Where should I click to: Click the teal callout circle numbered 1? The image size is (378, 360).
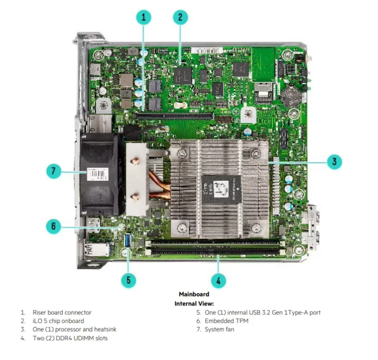click(144, 17)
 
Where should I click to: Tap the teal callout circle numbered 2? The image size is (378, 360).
click(180, 17)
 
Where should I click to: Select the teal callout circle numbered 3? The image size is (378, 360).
click(334, 162)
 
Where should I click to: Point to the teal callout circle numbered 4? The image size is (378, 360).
click(218, 280)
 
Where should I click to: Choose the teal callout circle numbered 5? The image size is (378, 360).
click(128, 280)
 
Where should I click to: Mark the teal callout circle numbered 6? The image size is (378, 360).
click(54, 226)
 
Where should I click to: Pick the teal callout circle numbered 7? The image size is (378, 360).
click(54, 171)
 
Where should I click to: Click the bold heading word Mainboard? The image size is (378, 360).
click(194, 294)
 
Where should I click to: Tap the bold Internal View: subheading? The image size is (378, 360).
click(194, 304)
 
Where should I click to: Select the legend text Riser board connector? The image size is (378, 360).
click(62, 312)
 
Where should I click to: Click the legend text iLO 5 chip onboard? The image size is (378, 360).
click(58, 321)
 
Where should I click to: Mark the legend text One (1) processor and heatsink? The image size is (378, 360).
click(74, 329)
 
